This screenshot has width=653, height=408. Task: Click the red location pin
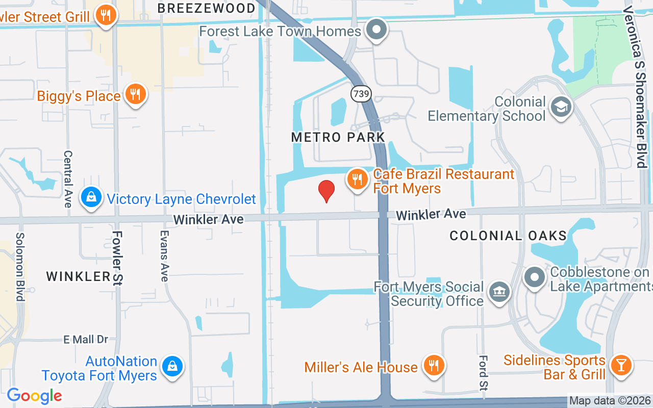pos(326,191)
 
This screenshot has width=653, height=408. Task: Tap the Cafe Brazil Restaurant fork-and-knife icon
pos(358,180)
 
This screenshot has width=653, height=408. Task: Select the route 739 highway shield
pos(361,93)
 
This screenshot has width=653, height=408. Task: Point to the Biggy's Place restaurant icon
pos(135,94)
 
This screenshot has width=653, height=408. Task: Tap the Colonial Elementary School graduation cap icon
pos(561,107)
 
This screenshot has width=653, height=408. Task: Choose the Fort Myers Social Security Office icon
pos(499,292)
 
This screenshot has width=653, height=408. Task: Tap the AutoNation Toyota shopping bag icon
pos(172,367)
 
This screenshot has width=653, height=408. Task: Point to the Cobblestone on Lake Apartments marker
pos(535,278)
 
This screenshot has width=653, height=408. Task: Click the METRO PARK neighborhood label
pos(338,137)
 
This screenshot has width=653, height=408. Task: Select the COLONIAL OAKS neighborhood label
pos(508,236)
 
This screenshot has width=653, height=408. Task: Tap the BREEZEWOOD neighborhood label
pos(206,8)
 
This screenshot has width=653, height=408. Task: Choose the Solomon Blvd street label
pos(20,267)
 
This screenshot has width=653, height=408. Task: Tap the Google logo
pos(34,396)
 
